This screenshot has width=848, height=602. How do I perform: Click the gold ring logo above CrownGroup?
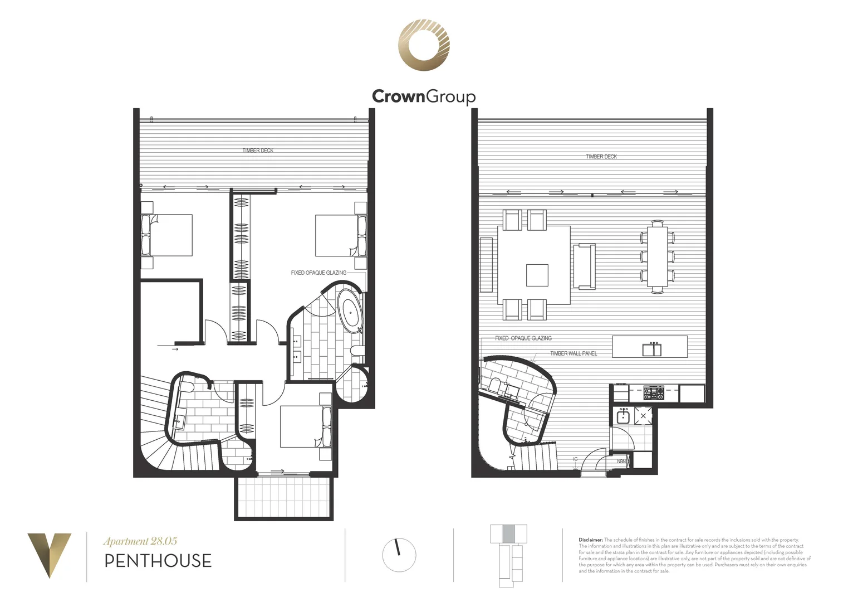point(424,45)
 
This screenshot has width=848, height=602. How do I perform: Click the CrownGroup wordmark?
point(424,96)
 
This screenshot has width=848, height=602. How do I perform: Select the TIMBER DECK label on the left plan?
point(258,151)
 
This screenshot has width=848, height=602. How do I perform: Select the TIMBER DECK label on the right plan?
point(601,157)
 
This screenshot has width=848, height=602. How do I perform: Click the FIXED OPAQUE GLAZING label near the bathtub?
point(318,273)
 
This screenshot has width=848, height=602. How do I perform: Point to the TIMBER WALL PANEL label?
point(573,353)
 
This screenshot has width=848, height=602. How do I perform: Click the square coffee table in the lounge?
point(537,275)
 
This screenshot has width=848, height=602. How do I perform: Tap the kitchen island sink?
point(651,349)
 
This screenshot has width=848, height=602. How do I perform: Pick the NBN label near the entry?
point(621,462)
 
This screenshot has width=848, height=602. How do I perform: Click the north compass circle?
point(399,555)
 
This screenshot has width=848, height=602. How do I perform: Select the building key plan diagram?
point(508,555)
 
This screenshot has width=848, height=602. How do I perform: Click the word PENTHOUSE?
point(158,561)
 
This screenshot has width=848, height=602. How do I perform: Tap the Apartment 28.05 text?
point(140,541)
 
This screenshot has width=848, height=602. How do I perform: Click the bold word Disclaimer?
point(591,540)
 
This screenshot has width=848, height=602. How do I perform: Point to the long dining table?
point(658,256)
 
